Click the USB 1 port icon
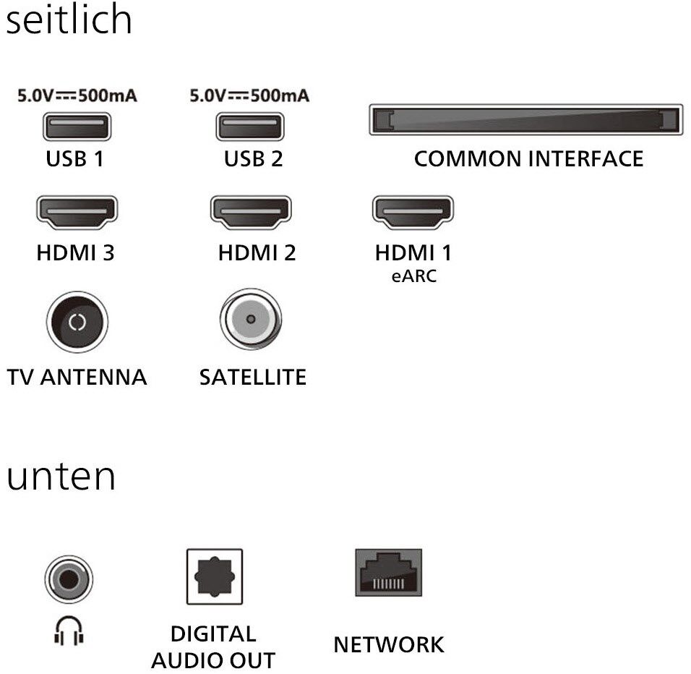pos(77,129)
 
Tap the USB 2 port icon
pos(249,129)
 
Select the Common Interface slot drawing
pos(525,119)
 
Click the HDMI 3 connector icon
pos(77,211)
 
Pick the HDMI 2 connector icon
pos(251,211)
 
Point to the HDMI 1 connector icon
pos(413,211)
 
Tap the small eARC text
pos(413,276)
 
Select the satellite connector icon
pos(251,319)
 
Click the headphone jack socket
pos(69,579)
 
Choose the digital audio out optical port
pos(215,576)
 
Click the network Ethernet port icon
pos(388,573)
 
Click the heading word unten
pos(61,477)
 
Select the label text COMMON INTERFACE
pos(528,159)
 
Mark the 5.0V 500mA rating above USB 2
pos(249,96)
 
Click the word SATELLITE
pos(253,377)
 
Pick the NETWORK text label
pos(389,644)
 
